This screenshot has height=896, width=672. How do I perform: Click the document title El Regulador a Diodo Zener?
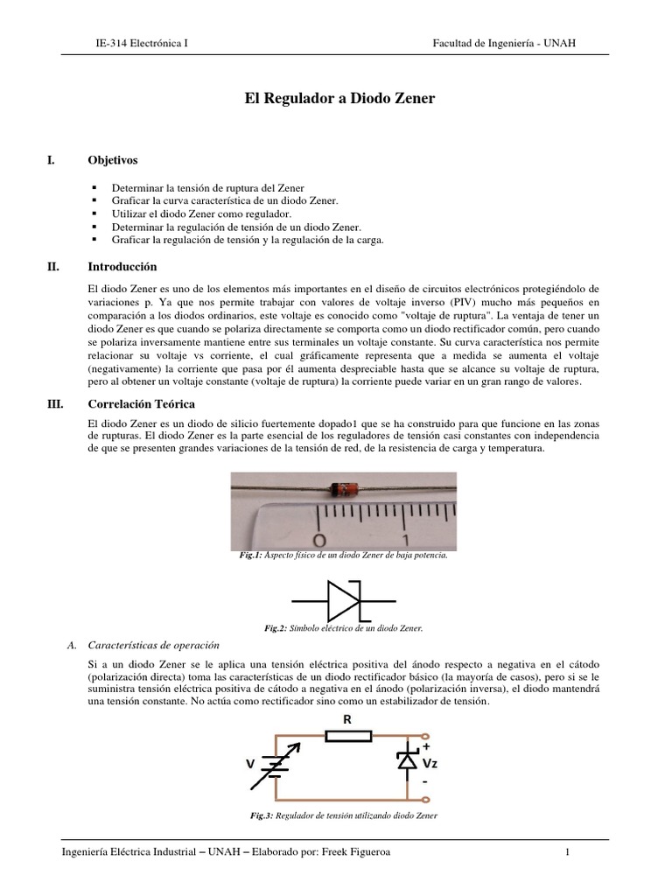(339, 99)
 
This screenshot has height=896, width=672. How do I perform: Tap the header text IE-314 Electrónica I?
(141, 43)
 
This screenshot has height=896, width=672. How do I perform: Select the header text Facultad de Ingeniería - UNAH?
(505, 43)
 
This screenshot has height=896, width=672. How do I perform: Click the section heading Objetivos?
(113, 160)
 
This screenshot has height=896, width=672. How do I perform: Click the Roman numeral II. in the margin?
(52, 267)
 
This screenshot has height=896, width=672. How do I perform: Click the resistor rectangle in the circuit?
(349, 738)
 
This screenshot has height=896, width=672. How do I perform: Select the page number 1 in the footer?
(567, 852)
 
